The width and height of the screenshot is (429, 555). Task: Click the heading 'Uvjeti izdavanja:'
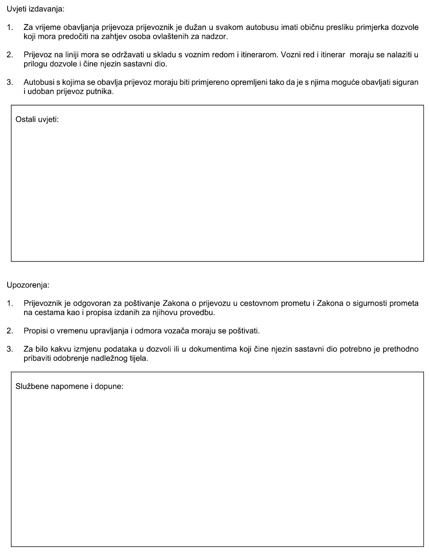click(x=35, y=9)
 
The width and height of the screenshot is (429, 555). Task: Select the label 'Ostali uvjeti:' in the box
click(x=37, y=119)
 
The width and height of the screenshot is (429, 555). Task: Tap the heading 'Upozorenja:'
click(x=28, y=285)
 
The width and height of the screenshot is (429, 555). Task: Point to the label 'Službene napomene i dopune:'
click(x=70, y=386)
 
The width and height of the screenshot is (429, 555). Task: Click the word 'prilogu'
click(x=35, y=65)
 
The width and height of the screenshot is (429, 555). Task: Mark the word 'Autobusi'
click(x=37, y=83)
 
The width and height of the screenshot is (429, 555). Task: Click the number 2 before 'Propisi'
click(x=10, y=331)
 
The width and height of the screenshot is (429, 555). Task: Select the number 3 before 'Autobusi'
click(x=10, y=83)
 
